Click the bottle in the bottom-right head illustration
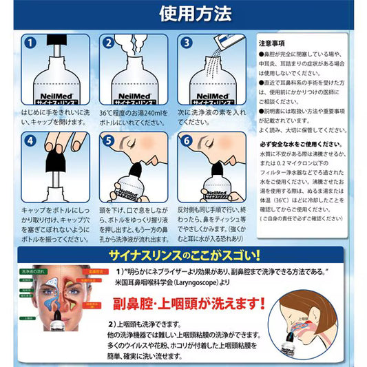(x=299, y=343)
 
